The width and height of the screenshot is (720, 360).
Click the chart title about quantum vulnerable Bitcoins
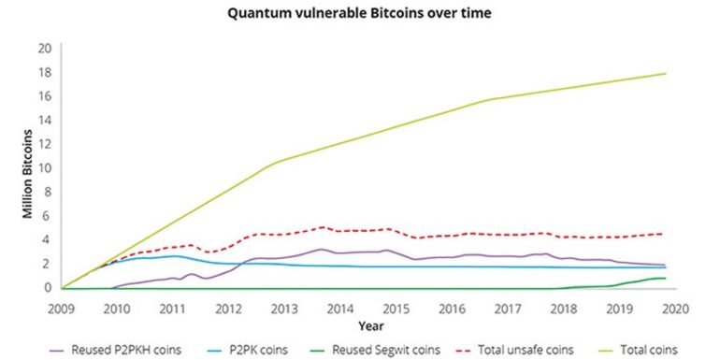click(360, 15)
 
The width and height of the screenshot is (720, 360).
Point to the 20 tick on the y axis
click(43, 48)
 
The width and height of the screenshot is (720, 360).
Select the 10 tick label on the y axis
click(43, 167)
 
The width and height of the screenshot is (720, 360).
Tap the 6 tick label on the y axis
click(46, 215)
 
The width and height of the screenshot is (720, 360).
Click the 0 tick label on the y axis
click(46, 287)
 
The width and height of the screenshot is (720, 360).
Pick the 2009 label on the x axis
click(62, 307)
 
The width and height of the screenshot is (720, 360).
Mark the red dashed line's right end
click(665, 234)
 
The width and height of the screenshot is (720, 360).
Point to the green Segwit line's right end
click(665, 278)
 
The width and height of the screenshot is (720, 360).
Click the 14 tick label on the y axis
click(43, 120)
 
